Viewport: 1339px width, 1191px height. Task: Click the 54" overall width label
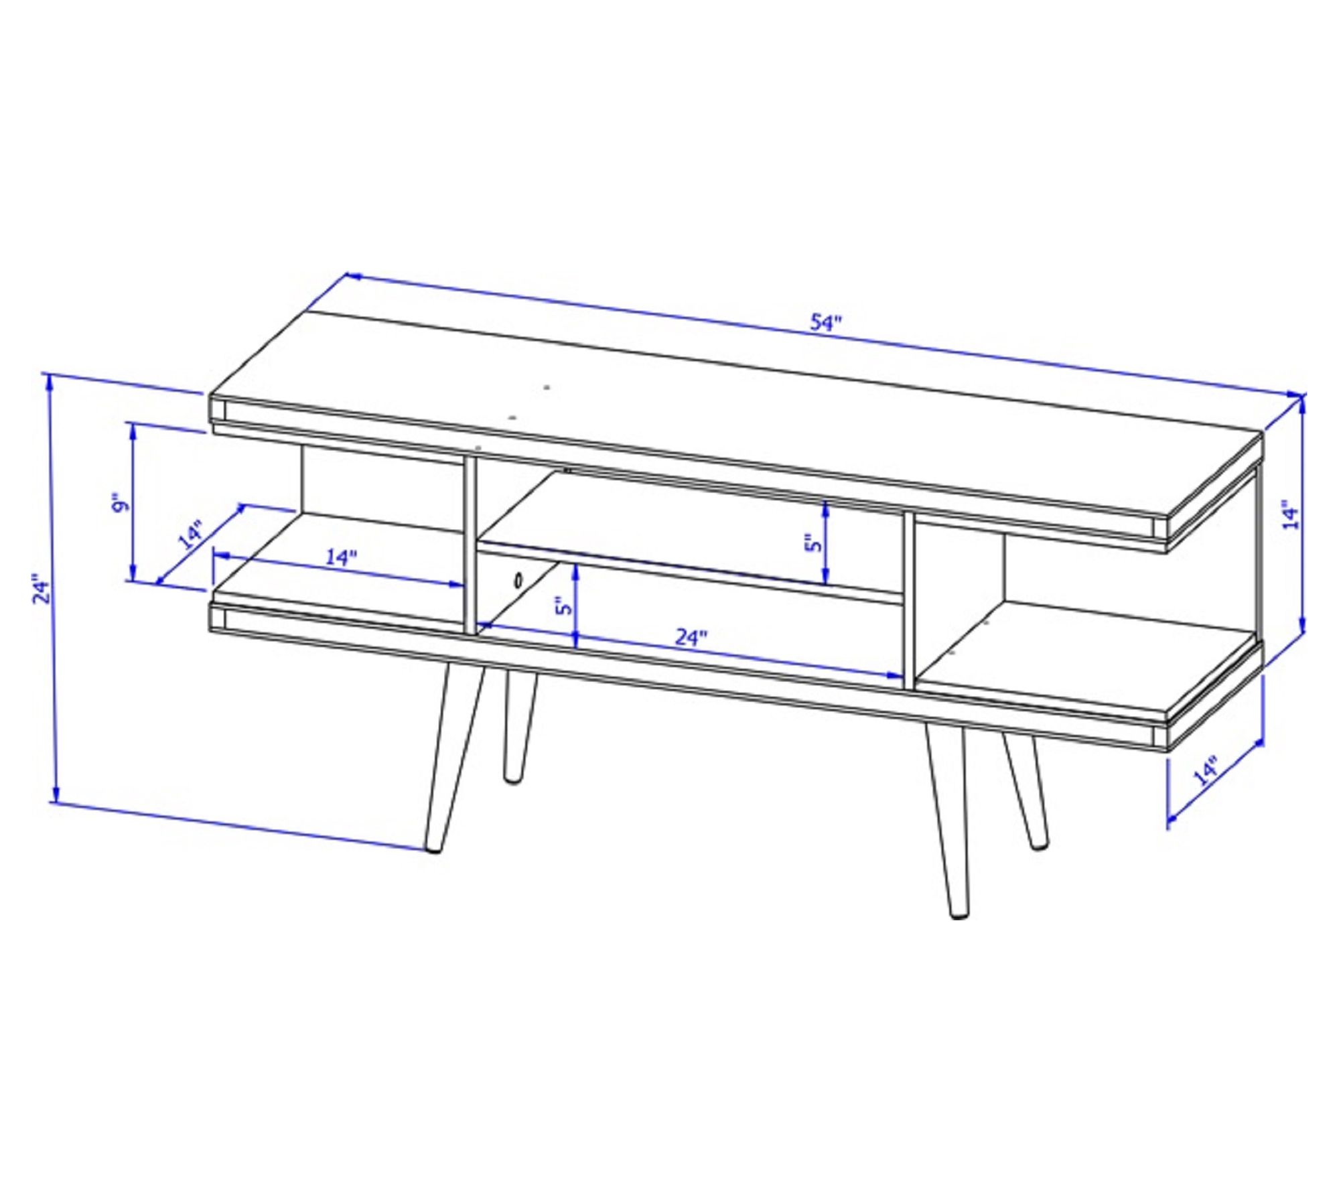coord(825,323)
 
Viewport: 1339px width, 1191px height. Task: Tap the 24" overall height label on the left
coord(42,588)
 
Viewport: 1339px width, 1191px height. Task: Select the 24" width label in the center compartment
coord(691,637)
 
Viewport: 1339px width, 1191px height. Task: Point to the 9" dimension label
coord(119,504)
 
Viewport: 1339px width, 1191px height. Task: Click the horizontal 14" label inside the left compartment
coord(341,557)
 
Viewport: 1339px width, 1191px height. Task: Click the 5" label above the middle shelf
coord(812,543)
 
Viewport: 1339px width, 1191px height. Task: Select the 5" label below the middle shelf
coord(565,606)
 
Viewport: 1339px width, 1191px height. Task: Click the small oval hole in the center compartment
coord(518,580)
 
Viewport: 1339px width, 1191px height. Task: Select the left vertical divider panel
coord(470,546)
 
